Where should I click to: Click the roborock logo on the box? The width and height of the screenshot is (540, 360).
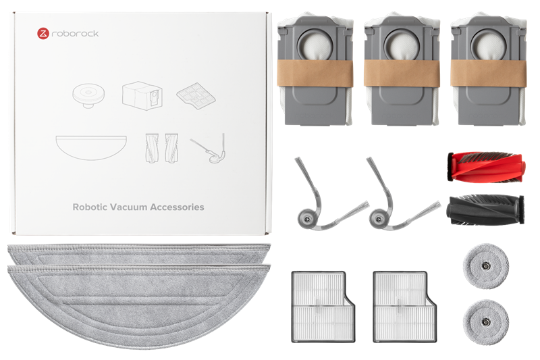64,32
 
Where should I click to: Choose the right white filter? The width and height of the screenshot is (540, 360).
400,304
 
